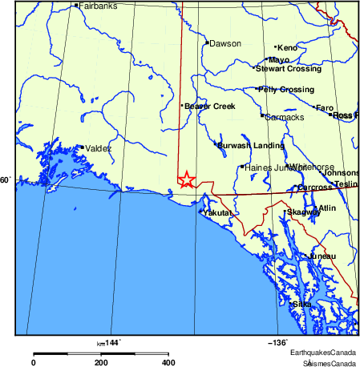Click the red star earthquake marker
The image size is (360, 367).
pyautogui.click(x=186, y=179)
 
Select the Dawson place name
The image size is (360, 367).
pyautogui.click(x=224, y=43)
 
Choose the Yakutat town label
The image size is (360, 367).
pyautogui.click(x=217, y=213)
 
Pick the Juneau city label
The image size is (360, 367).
pyautogui.click(x=322, y=256)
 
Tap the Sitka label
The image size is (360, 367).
pyautogui.click(x=302, y=304)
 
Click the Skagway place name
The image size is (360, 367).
pyautogui.click(x=303, y=212)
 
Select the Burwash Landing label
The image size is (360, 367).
pyautogui.click(x=251, y=145)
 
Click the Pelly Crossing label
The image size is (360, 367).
pyautogui.click(x=285, y=89)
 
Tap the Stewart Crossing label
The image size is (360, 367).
pyautogui.click(x=288, y=69)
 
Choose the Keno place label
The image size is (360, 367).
pyautogui.click(x=287, y=48)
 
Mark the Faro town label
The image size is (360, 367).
pyautogui.click(x=325, y=107)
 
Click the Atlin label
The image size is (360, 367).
pyautogui.click(x=327, y=208)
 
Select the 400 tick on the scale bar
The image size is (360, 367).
pyautogui.click(x=168, y=362)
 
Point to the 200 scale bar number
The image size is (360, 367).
pyautogui.click(x=101, y=362)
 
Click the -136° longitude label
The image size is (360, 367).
pyautogui.click(x=277, y=342)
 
